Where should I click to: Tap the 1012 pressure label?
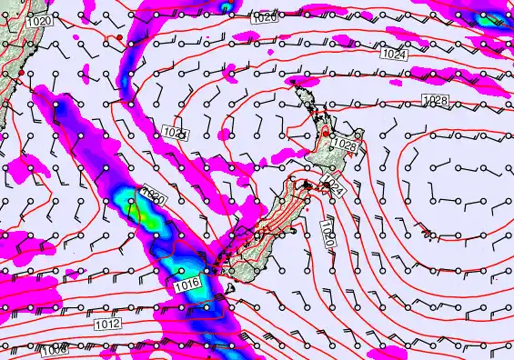pyautogui.click(x=106, y=323)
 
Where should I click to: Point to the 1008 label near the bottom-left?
pyautogui.click(x=54, y=348)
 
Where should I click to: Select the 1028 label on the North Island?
pyautogui.click(x=343, y=145)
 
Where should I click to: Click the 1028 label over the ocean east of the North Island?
pyautogui.click(x=435, y=98)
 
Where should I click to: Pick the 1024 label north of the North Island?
pyautogui.click(x=394, y=55)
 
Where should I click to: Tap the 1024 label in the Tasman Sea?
pyautogui.click(x=176, y=133)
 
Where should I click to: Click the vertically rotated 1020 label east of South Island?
pyautogui.click(x=328, y=236)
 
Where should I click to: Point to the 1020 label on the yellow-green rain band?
pyautogui.click(x=152, y=195)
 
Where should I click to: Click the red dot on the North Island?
pyautogui.click(x=324, y=134)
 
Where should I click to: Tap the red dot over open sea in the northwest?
pyautogui.click(x=118, y=36)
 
